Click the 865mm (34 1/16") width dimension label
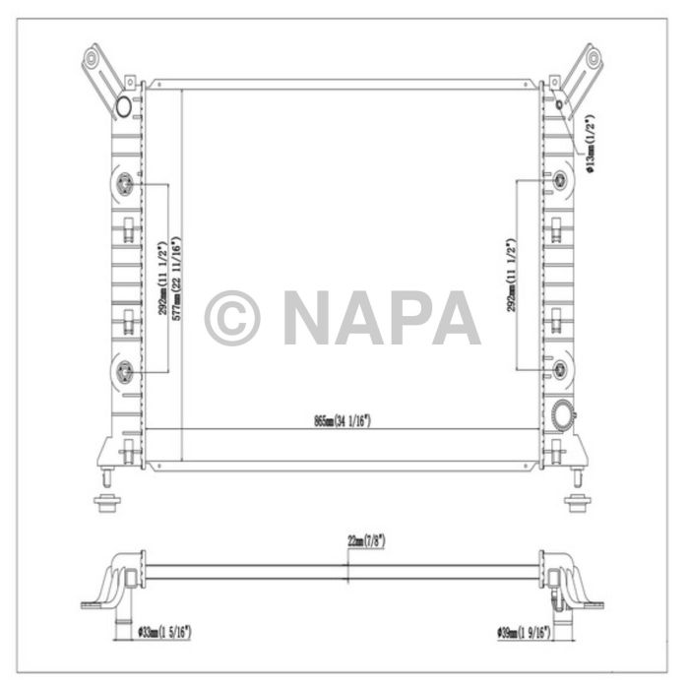pos(337,420)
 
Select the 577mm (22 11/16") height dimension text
pos(177,278)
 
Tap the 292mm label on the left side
pos(161,278)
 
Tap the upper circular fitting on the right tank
pos(561,180)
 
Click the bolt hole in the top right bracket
pos(594,58)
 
